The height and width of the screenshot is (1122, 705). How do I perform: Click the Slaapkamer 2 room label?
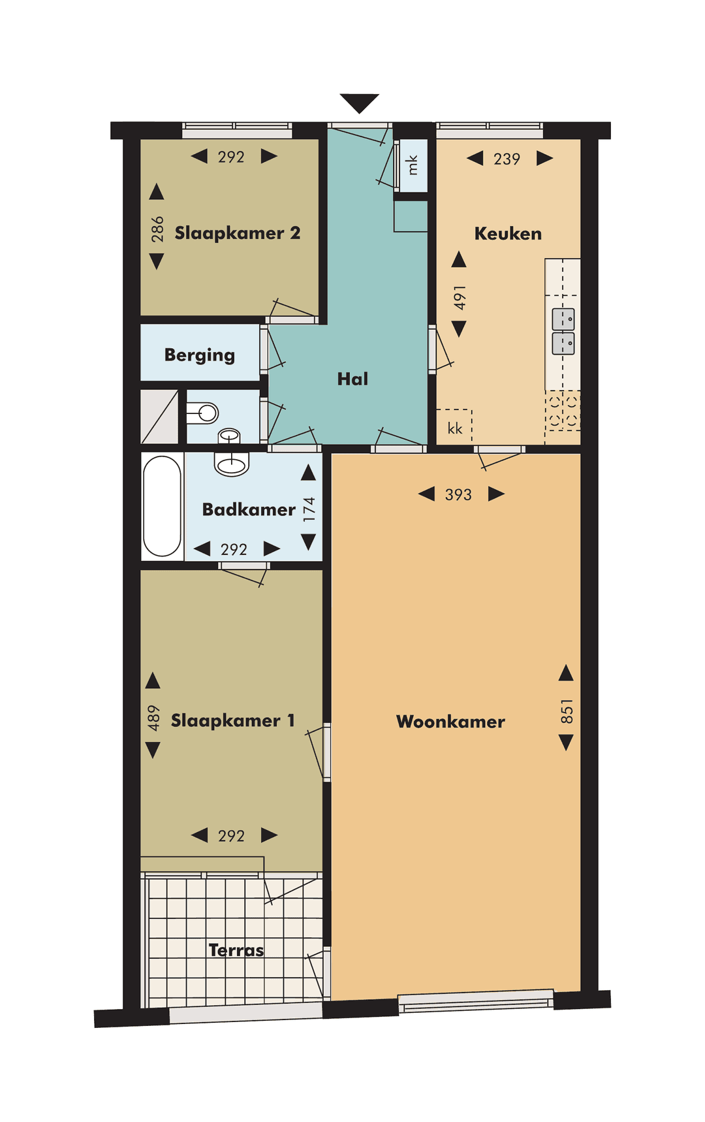238,233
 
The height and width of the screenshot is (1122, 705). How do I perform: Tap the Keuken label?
508,234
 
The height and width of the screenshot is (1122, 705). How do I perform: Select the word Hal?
352,379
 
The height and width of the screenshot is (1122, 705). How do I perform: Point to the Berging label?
200,355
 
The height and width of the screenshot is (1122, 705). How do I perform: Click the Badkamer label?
249,509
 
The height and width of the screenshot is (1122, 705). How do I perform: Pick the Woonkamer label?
450,722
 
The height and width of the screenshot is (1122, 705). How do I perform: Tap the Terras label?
236,950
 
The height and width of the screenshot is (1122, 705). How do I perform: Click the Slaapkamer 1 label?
233,720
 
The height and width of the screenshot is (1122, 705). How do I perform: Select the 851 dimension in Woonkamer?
567,711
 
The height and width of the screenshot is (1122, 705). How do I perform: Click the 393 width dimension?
458,495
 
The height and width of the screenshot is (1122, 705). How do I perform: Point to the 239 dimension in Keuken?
507,159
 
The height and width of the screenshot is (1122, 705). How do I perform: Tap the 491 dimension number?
460,298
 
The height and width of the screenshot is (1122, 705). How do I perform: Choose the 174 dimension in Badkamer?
309,509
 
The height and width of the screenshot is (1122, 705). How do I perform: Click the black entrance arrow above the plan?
359,103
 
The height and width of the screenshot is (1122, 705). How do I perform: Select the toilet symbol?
202,413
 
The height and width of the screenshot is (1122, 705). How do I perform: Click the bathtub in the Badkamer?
162,507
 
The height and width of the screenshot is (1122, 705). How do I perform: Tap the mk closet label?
412,165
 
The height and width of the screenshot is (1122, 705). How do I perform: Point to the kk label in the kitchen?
455,428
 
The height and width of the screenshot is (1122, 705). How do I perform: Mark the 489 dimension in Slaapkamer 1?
153,718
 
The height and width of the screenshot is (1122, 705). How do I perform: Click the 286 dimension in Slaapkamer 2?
157,229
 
